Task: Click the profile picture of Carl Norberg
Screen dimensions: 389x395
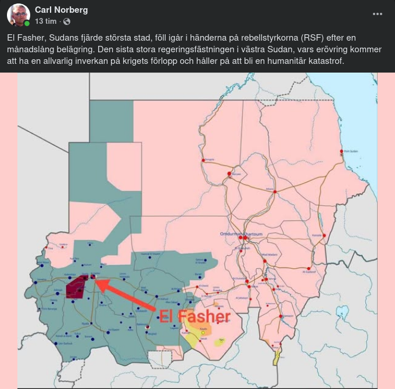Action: pyautogui.click(x=18, y=15)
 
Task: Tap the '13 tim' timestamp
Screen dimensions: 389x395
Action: pyautogui.click(x=45, y=21)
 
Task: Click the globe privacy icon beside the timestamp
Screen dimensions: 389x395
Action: pyautogui.click(x=67, y=21)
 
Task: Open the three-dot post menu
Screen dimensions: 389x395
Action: pyautogui.click(x=378, y=13)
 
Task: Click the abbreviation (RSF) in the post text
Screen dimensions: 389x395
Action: pyautogui.click(x=306, y=37)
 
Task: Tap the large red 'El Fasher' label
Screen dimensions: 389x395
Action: pyautogui.click(x=195, y=316)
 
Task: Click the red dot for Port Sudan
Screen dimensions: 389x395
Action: pyautogui.click(x=341, y=152)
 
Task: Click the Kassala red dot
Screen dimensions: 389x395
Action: pyautogui.click(x=324, y=235)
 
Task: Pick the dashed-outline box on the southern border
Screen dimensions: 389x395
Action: pyautogui.click(x=160, y=360)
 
